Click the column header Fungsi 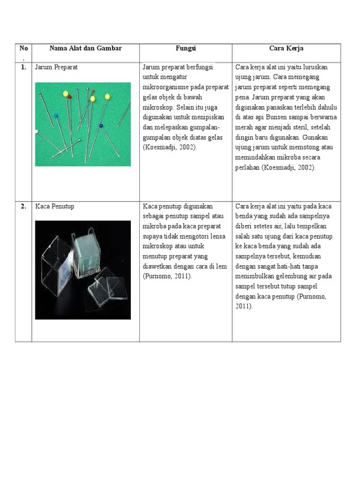pos(186,48)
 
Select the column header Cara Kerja pos(286,48)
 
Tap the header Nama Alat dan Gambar pos(85,48)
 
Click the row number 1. pos(23,67)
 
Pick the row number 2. pos(23,206)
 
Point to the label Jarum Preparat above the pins pos(56,67)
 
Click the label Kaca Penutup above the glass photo pos(54,206)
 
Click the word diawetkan pos(159,266)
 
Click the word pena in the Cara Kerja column pos(242,97)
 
